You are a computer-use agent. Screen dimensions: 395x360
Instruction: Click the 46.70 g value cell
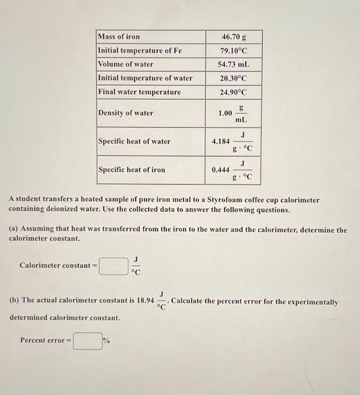233,37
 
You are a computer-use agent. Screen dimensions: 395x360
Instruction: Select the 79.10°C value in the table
233,51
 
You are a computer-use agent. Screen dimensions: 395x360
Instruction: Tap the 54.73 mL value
233,64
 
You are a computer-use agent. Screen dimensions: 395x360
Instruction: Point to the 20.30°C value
233,78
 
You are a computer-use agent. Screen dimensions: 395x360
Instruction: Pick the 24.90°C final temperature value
233,92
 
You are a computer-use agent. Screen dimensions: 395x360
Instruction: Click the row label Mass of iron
119,37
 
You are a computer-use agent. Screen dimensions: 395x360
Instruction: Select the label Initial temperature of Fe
140,50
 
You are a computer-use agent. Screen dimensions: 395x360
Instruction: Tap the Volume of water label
126,64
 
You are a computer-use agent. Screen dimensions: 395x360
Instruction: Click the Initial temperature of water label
145,78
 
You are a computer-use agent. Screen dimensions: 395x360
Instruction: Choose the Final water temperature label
139,92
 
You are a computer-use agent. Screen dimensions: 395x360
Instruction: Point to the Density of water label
126,113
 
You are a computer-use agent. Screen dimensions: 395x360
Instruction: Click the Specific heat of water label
134,142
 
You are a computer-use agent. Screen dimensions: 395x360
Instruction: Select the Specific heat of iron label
132,170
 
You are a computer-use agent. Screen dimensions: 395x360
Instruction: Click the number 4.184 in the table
221,142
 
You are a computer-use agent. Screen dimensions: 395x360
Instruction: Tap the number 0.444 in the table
221,170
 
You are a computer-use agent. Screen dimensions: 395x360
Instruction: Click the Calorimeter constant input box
113,266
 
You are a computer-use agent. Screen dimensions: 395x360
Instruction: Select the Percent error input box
87,340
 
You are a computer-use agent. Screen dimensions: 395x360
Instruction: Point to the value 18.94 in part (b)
145,301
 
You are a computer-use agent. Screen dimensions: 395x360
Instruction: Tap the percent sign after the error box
106,340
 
